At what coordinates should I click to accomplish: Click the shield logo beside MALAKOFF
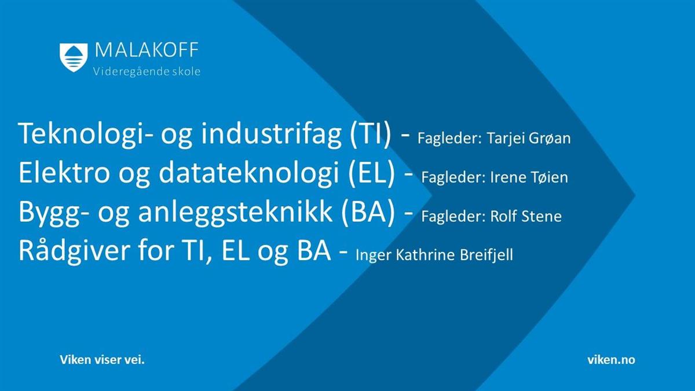pos(74,58)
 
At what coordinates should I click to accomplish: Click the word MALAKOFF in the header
pos(147,50)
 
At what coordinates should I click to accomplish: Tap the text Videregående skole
pos(147,72)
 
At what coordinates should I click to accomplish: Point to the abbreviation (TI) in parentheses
pos(370,134)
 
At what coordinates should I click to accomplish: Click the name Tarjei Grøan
pos(529,138)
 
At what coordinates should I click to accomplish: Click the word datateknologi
pos(249,174)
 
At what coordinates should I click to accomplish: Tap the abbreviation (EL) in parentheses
pos(372,173)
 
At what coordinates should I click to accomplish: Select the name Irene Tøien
pos(529,177)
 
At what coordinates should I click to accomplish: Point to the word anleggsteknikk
pos(235,212)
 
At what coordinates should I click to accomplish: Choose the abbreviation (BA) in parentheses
pos(368,212)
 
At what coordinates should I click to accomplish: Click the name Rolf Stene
pos(526,216)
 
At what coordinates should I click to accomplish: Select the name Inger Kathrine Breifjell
pos(434,255)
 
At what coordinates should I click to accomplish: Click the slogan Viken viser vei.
pos(102,360)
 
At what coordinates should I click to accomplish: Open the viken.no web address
pos(611,360)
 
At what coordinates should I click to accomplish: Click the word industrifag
pos(271,134)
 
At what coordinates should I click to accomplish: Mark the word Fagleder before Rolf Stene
pos(453,217)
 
